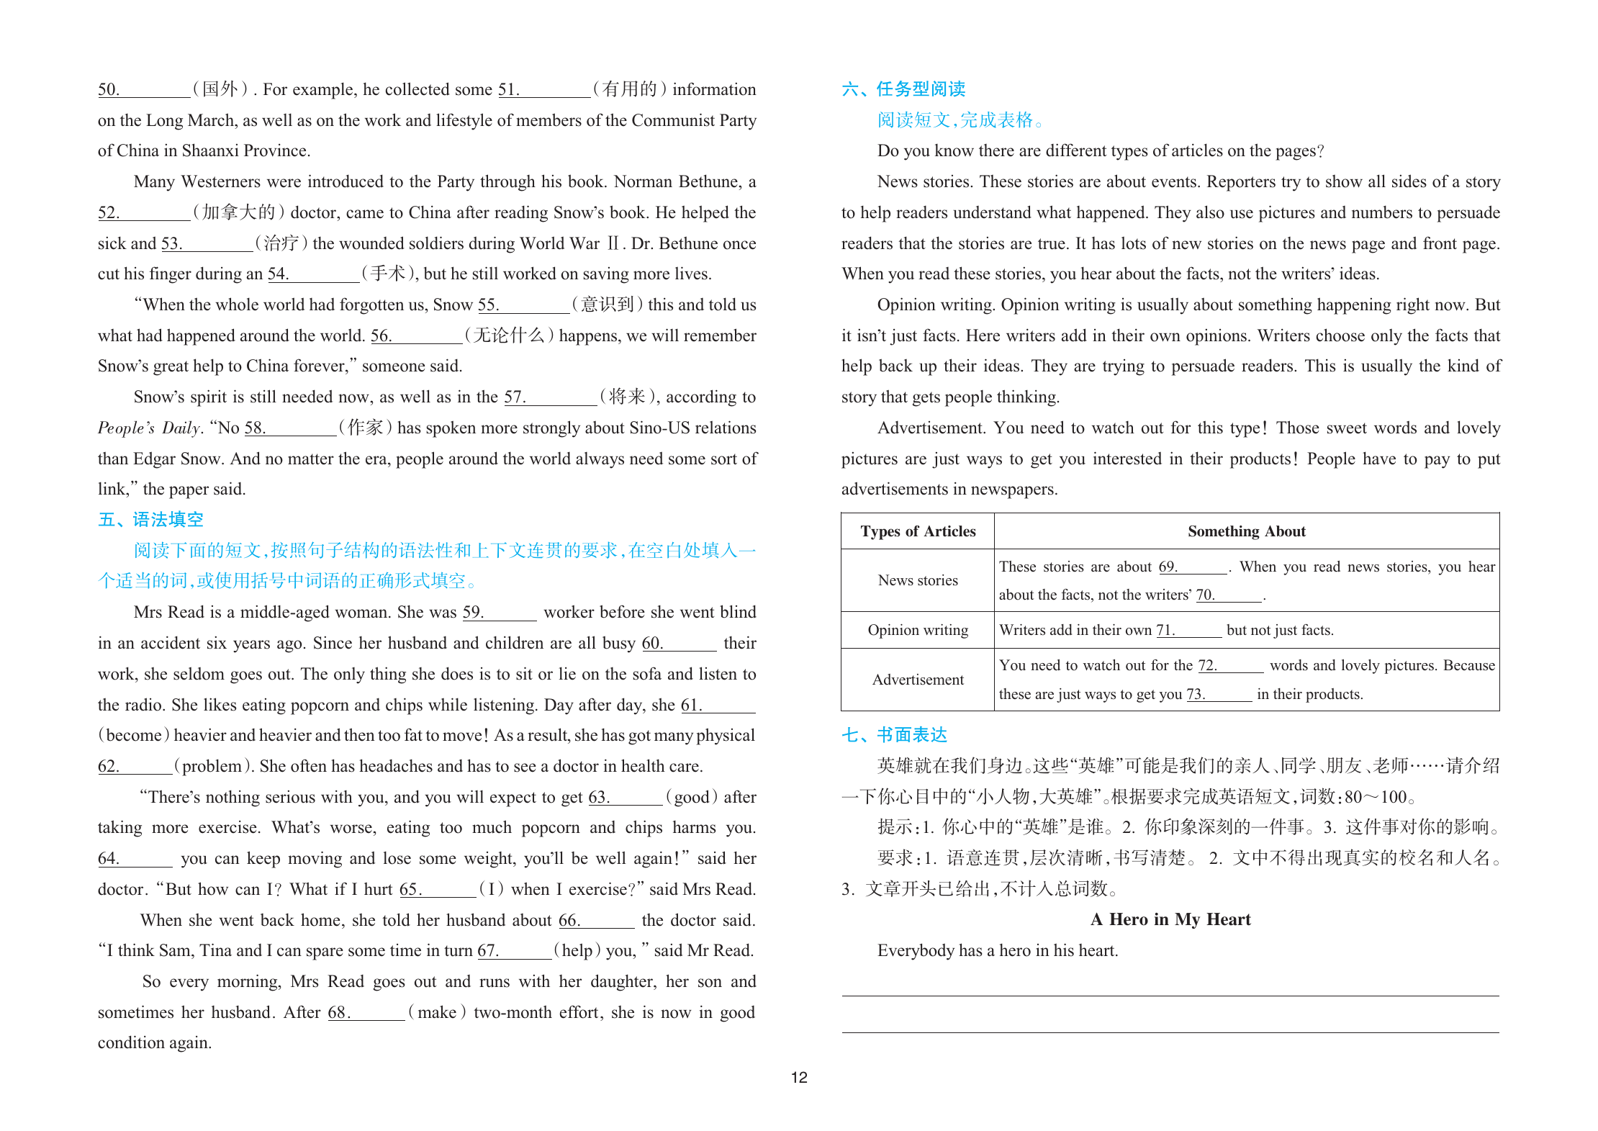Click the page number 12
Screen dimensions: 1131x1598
[x=799, y=1077]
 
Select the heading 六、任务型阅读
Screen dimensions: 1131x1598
[x=903, y=89]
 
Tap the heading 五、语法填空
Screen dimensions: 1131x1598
[x=150, y=520]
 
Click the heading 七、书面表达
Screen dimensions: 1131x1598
[x=894, y=735]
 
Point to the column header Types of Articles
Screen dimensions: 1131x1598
[x=918, y=531]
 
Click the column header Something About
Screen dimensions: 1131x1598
[x=1246, y=531]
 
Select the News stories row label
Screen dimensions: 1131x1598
[x=918, y=580]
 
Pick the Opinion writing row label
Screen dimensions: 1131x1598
[x=918, y=630]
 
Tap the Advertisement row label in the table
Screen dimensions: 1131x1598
[x=918, y=680]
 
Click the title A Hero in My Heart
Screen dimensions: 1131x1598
[x=1170, y=919]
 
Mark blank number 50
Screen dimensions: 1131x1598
[x=144, y=90]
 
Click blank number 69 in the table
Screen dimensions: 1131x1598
[x=1193, y=567]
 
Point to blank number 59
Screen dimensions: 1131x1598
[x=500, y=613]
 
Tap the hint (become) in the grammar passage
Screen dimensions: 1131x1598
[x=134, y=735]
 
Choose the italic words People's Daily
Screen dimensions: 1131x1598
[x=149, y=428]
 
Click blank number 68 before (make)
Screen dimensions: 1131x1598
[x=366, y=1013]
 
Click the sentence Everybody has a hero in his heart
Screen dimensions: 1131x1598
[x=998, y=950]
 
